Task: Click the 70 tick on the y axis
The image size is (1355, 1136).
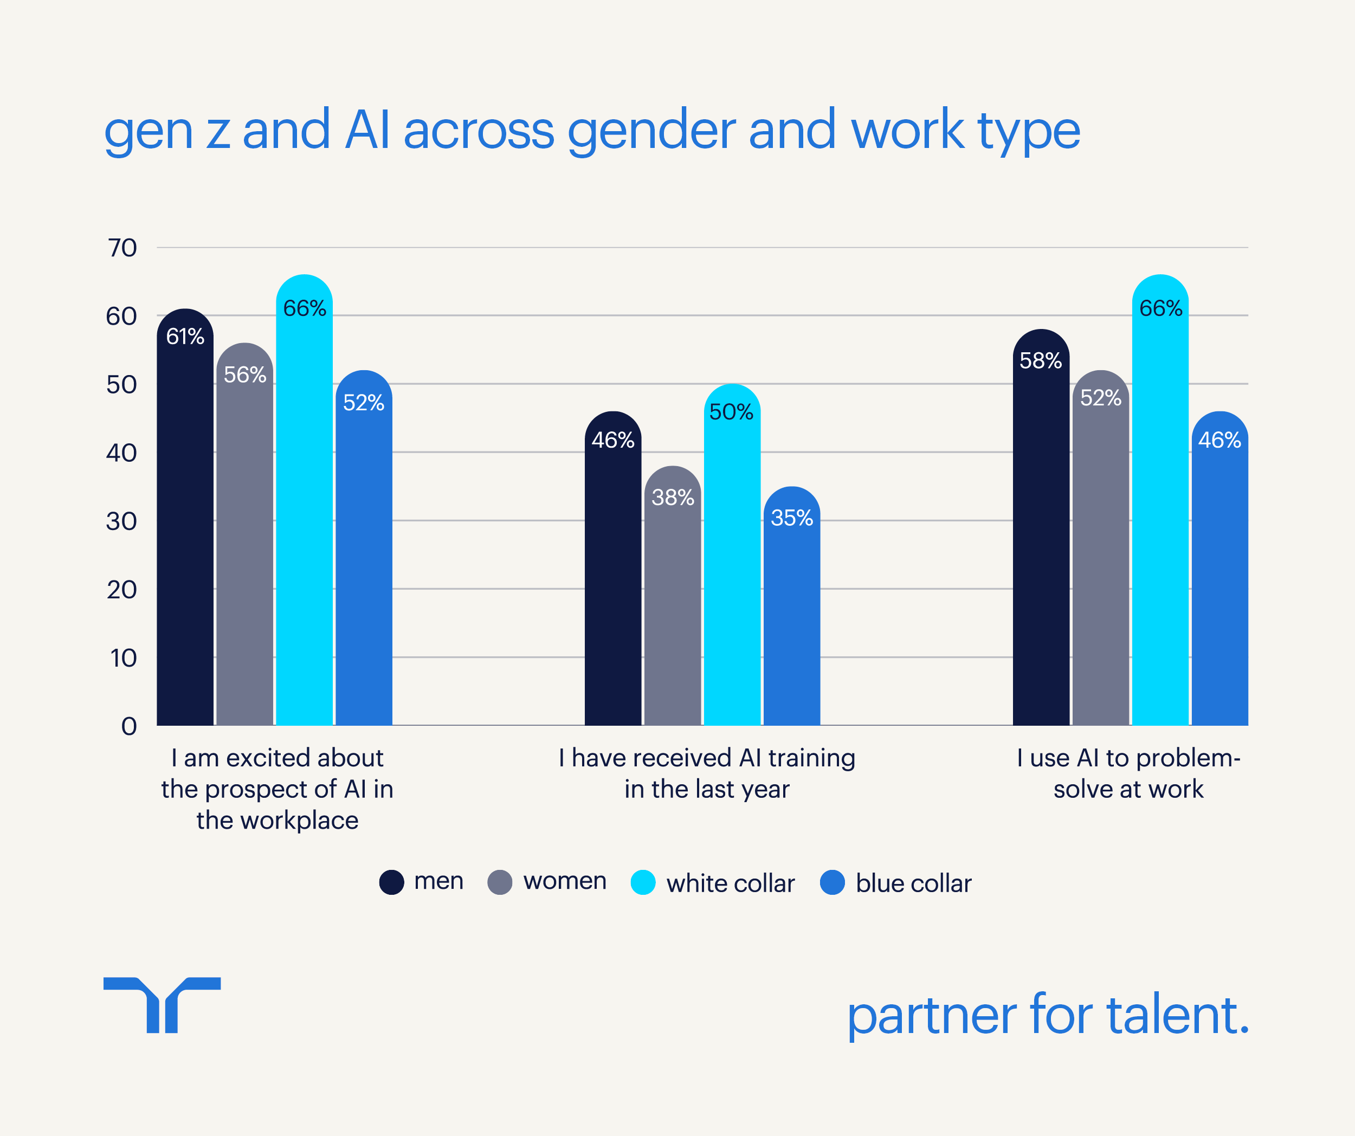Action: click(x=122, y=248)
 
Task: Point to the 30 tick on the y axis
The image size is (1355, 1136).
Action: click(x=121, y=521)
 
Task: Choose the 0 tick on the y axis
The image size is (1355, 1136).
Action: click(x=129, y=726)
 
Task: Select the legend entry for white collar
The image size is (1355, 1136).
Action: click(x=730, y=883)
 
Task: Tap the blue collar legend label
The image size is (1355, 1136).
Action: click(x=913, y=883)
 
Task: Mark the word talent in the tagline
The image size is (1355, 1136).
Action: click(x=1178, y=1015)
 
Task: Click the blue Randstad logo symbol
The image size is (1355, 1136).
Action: click(x=162, y=1004)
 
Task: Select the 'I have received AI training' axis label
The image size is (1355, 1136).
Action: click(x=707, y=773)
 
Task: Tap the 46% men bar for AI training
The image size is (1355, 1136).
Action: click(x=613, y=580)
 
